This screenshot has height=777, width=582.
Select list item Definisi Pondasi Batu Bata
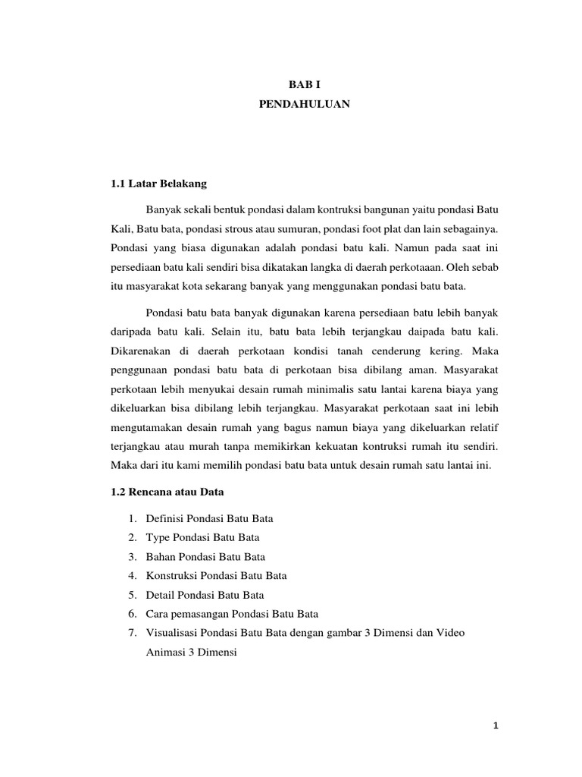click(x=208, y=519)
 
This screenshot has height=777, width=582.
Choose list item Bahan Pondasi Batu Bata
click(x=205, y=557)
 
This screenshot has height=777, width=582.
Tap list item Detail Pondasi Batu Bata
click(x=204, y=595)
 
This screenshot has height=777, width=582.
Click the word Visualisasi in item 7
click(x=171, y=633)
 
